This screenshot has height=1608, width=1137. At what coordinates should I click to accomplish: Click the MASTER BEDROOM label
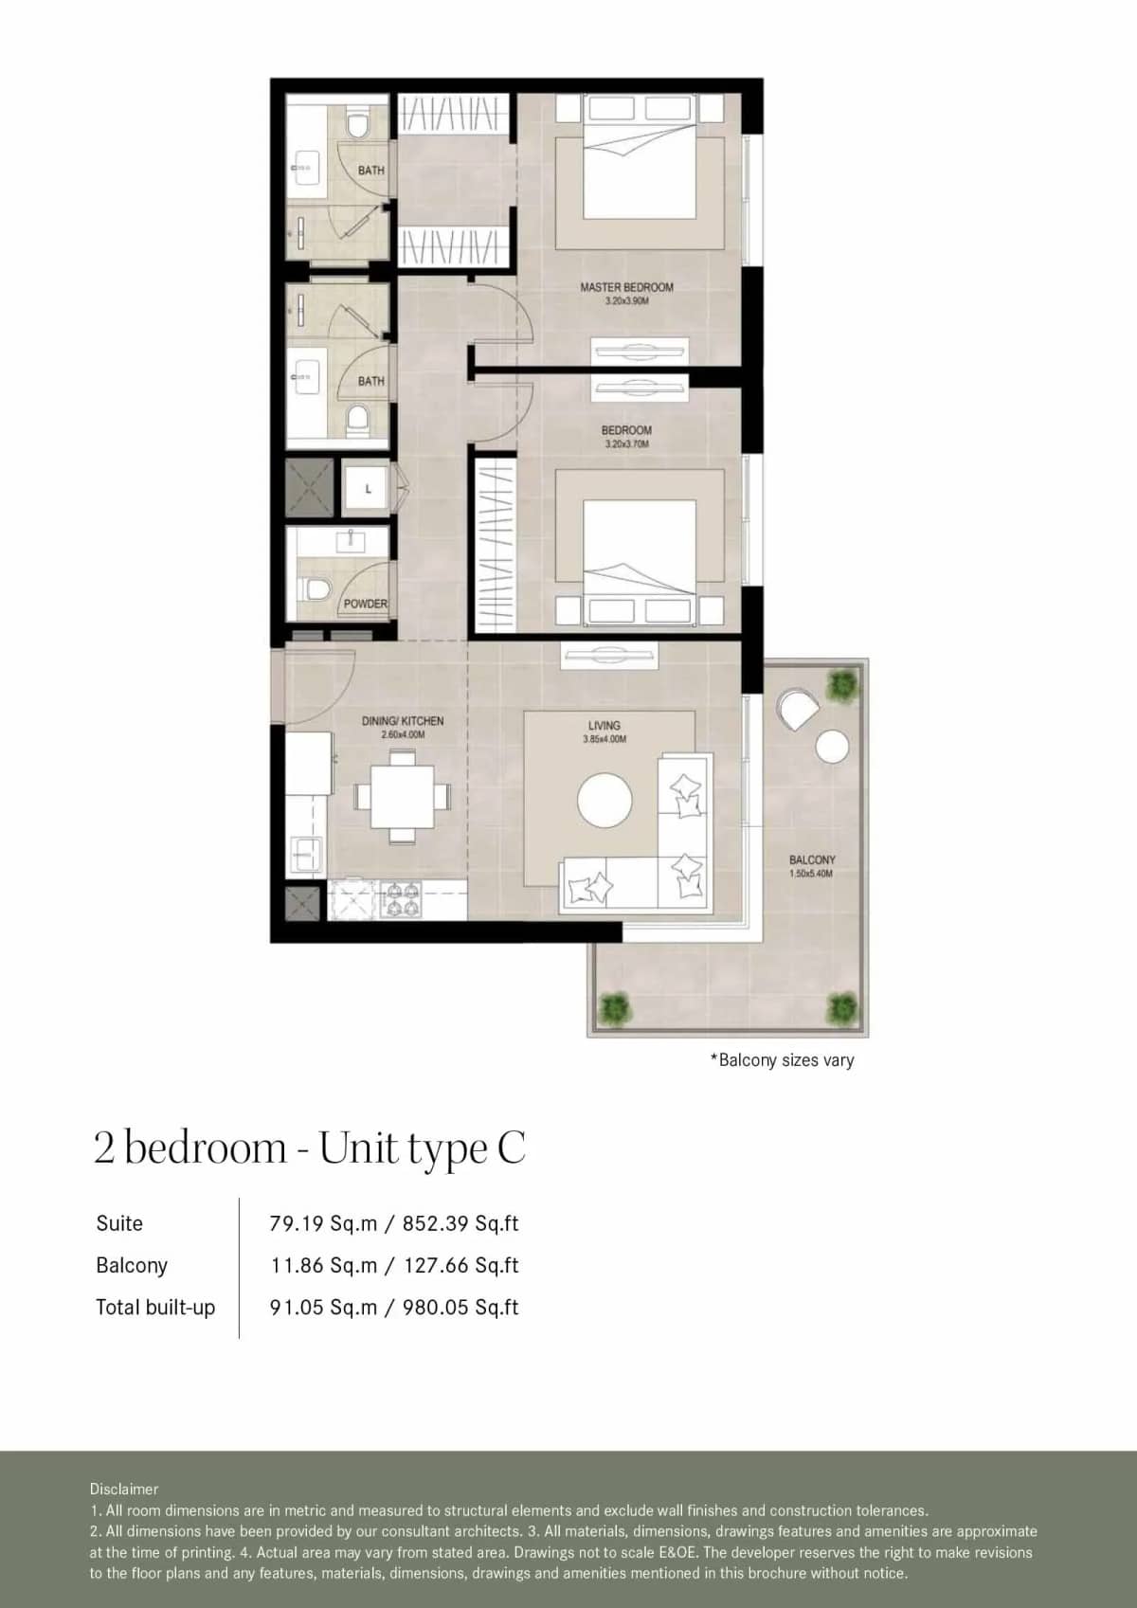tap(626, 287)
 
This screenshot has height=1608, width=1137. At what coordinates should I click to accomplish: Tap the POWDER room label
tap(365, 604)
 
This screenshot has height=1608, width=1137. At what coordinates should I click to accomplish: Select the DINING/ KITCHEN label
tap(402, 721)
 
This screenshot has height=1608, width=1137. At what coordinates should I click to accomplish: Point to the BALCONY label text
tap(812, 859)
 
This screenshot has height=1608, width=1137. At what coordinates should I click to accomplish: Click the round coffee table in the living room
tap(605, 801)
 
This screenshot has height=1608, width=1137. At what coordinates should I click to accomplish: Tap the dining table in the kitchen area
tap(402, 796)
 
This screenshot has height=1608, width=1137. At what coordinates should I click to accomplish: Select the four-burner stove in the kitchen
tap(400, 899)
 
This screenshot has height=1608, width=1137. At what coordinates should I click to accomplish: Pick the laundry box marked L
tap(368, 489)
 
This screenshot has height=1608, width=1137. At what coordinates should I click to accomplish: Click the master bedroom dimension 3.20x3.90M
tap(626, 301)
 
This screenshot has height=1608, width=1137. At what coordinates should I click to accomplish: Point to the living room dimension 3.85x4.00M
tap(605, 739)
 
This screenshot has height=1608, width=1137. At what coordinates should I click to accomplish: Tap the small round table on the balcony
tap(831, 748)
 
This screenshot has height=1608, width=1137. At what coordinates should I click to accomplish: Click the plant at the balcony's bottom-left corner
tap(615, 1005)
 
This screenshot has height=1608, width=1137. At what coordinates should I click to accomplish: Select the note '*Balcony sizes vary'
tap(782, 1060)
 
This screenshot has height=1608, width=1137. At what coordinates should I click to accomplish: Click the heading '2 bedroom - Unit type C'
tap(309, 1148)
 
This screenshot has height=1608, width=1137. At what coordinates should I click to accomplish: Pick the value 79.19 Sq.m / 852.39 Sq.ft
tap(393, 1223)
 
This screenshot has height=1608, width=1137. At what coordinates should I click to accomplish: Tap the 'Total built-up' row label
tap(155, 1308)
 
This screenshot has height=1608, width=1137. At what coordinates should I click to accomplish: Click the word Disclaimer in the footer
tap(124, 1489)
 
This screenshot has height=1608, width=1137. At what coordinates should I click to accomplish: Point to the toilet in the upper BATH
tap(357, 126)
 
